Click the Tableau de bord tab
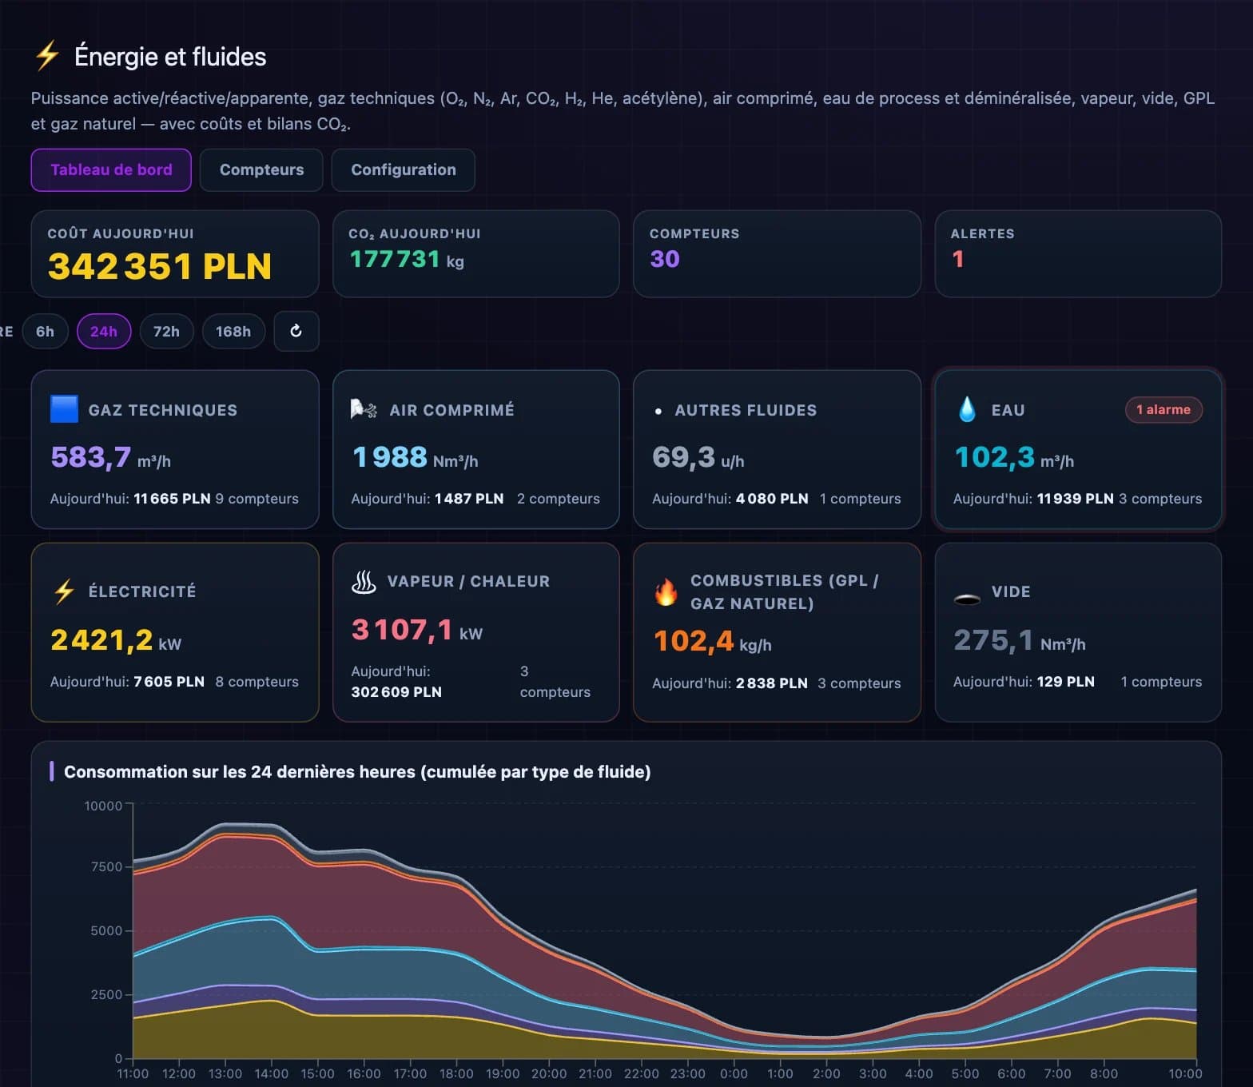pos(111,169)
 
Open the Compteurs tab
pos(261,169)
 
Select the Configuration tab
pos(404,169)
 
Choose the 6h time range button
pos(46,332)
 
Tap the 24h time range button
pos(104,332)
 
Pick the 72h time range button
pos(166,332)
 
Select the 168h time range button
pos(233,332)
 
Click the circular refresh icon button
pos(296,331)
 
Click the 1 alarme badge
pos(1163,409)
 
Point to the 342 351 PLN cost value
pos(160,266)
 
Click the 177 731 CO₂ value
pos(395,259)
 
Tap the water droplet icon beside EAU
pos(967,409)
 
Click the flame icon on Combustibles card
pos(666,592)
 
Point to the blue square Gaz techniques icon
pos(64,408)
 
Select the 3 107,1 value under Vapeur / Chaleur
pos(402,630)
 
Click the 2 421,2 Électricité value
pos(101,640)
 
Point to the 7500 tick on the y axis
pos(107,866)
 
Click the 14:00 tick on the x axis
pos(272,1073)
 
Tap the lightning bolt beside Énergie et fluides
pos(47,55)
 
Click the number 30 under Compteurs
pos(665,259)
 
